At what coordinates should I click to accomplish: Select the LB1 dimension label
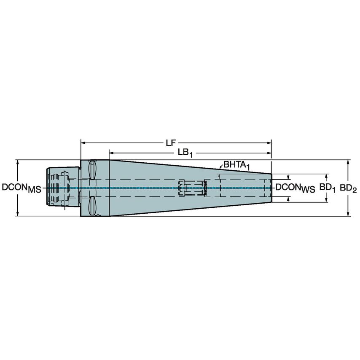click(185, 153)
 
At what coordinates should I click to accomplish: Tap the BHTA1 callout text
click(236, 165)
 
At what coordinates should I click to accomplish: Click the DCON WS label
click(295, 188)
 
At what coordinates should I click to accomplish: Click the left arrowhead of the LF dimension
click(83, 143)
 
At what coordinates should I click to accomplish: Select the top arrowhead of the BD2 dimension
click(348, 162)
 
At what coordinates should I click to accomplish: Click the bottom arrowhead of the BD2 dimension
click(348, 214)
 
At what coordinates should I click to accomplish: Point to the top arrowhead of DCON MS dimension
click(18, 162)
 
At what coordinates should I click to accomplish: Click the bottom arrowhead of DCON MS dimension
click(18, 214)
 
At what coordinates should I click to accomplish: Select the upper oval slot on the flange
click(93, 170)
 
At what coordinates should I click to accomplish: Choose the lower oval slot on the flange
click(93, 206)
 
